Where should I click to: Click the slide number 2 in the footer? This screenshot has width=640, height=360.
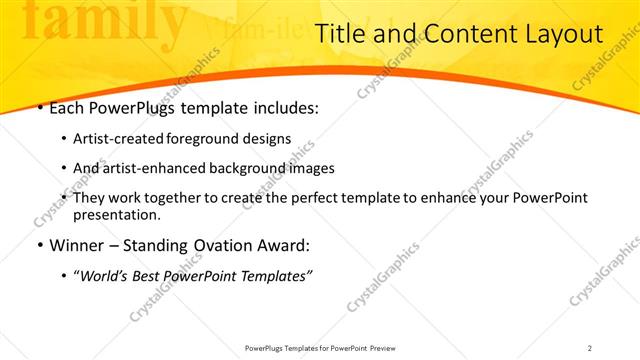(590, 348)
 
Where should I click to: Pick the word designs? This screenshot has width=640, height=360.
(268, 139)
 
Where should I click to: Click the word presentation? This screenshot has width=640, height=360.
(115, 214)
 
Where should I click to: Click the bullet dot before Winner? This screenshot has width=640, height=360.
(39, 245)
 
